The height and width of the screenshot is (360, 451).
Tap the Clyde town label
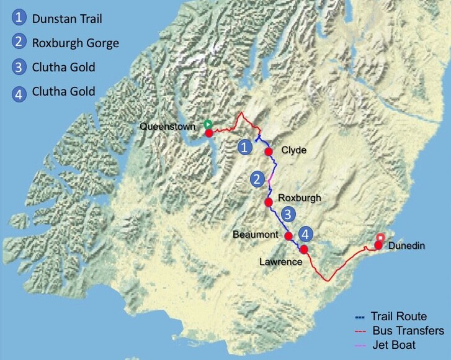pyautogui.click(x=294, y=151)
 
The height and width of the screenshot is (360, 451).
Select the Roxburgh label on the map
pyautogui.click(x=300, y=197)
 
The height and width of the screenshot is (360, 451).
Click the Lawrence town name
pyautogui.click(x=281, y=262)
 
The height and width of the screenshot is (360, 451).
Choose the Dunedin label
pyautogui.click(x=407, y=246)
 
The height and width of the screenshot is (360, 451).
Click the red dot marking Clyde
pyautogui.click(x=269, y=151)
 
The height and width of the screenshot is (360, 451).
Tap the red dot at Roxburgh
pyautogui.click(x=269, y=202)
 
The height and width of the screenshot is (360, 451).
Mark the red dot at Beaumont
pyautogui.click(x=288, y=236)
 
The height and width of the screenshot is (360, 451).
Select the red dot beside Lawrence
pyautogui.click(x=304, y=249)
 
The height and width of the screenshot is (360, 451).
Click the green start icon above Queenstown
pyautogui.click(x=208, y=124)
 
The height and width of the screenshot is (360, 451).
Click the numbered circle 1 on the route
pyautogui.click(x=246, y=146)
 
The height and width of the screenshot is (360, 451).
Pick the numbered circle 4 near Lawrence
pyautogui.click(x=305, y=234)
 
